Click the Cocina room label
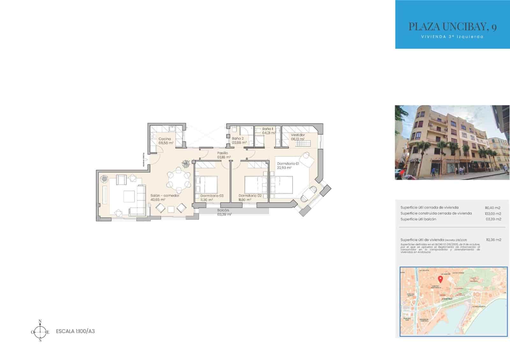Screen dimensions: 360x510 [x=165, y=139]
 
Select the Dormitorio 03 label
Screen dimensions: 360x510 [x=212, y=196]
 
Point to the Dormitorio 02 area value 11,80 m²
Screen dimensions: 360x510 [x=245, y=200]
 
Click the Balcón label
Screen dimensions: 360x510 [x=223, y=210]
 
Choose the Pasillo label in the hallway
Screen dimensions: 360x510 [x=223, y=153]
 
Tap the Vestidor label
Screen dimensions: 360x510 [x=298, y=135]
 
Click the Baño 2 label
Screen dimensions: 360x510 [x=238, y=139]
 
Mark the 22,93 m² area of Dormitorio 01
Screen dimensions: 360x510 [x=284, y=168]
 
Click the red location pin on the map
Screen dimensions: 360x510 [x=441, y=279]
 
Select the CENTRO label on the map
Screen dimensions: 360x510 [x=447, y=299]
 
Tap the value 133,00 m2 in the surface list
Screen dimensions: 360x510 [x=493, y=213]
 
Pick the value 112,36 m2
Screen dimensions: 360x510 [x=493, y=240]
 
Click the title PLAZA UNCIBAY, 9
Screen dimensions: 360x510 [x=452, y=27]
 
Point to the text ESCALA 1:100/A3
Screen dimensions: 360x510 [x=75, y=331]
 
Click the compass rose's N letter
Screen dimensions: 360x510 [x=40, y=321]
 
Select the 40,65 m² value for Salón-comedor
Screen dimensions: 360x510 [x=158, y=200]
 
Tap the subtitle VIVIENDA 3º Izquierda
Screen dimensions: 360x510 [x=452, y=37]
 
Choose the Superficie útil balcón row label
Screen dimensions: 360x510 [x=418, y=219]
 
